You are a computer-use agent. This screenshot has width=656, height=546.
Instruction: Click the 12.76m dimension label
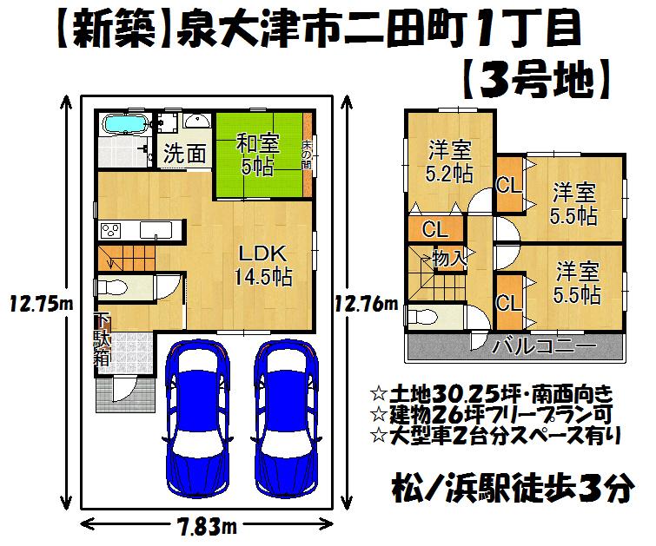point(368,304)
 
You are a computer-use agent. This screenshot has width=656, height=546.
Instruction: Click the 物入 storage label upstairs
point(450,257)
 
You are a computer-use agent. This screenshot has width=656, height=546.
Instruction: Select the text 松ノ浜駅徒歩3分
point(507,490)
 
